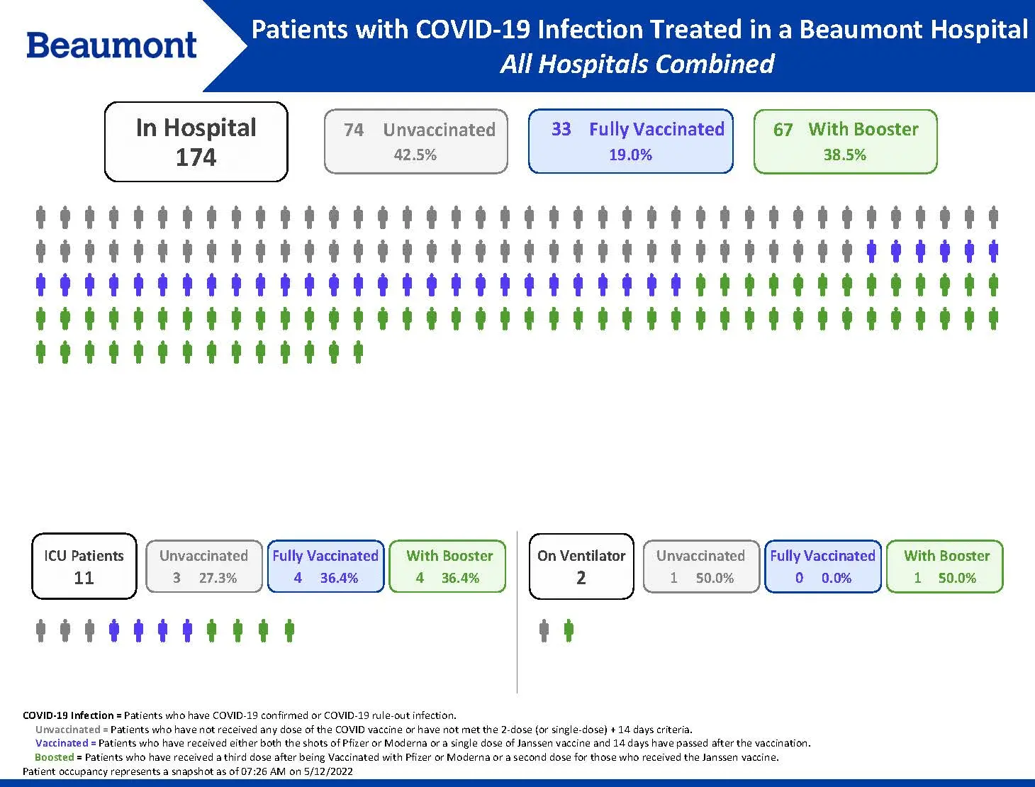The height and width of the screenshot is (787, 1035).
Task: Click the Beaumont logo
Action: tap(111, 45)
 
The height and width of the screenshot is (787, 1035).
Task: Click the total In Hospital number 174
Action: tap(196, 157)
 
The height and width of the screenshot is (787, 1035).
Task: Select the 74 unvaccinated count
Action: tap(353, 130)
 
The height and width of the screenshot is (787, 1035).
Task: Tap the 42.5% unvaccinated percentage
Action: tap(415, 155)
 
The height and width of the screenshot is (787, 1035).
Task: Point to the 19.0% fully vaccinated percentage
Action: tap(630, 155)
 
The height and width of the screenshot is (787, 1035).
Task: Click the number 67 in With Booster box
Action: tap(783, 130)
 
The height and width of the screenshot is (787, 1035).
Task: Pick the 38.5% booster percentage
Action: tap(844, 155)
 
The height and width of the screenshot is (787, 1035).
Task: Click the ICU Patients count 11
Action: tap(84, 578)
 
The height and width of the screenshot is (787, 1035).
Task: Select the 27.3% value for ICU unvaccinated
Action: tap(218, 578)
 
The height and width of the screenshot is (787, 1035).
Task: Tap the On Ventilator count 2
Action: tap(581, 578)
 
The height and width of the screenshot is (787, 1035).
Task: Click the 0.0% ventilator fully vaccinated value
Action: tap(837, 578)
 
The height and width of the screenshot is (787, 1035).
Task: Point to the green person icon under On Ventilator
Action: tap(569, 630)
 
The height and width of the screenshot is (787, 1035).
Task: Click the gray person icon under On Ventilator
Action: tap(544, 630)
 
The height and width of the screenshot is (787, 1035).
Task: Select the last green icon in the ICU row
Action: tap(289, 630)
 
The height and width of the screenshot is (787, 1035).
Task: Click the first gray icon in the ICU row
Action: tap(40, 630)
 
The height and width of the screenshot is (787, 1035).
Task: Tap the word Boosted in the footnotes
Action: tap(54, 757)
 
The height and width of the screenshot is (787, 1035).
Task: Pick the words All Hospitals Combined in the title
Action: tap(637, 65)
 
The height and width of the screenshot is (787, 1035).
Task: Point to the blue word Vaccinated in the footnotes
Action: tap(62, 743)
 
